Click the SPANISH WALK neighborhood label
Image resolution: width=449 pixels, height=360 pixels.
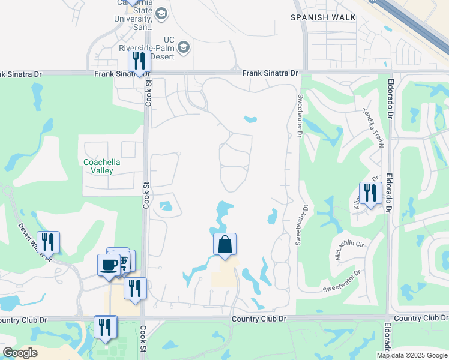[318, 17]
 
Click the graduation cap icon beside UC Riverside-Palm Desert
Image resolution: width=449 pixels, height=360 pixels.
[184, 47]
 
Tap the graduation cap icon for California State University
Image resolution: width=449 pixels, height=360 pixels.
[161, 13]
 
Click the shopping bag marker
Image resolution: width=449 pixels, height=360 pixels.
[224, 244]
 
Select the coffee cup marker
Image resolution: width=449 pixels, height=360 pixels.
[109, 265]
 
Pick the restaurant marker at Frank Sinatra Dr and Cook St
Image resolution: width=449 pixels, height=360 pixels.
[139, 61]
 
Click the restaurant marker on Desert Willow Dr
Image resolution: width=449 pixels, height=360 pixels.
[48, 242]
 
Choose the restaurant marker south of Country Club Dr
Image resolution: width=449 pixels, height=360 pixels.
[105, 327]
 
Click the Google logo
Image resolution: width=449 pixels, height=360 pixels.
[20, 353]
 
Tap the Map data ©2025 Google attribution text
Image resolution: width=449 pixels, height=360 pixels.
[411, 355]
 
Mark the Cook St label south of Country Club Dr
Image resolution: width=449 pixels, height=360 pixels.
[143, 340]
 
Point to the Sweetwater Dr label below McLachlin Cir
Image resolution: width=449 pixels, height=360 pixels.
[340, 281]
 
